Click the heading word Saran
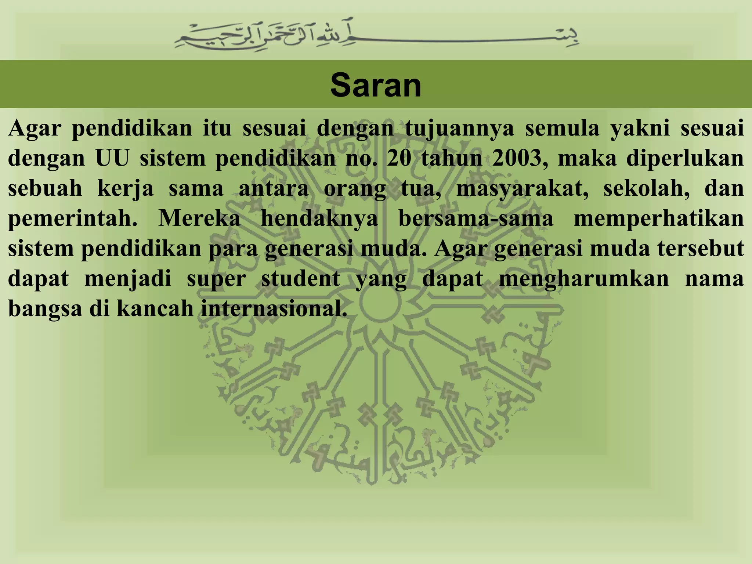pyautogui.click(x=376, y=86)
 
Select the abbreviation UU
pyautogui.click(x=112, y=159)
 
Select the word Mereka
pyautogui.click(x=199, y=218)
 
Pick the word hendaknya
pyautogui.click(x=319, y=219)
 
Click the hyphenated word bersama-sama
pyautogui.click(x=476, y=218)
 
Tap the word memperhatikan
pyautogui.click(x=659, y=219)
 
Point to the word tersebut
pyautogui.click(x=701, y=249)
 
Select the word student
pyautogui.click(x=300, y=279)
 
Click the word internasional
pyautogui.click(x=274, y=309)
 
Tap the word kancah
pyautogui.click(x=155, y=309)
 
